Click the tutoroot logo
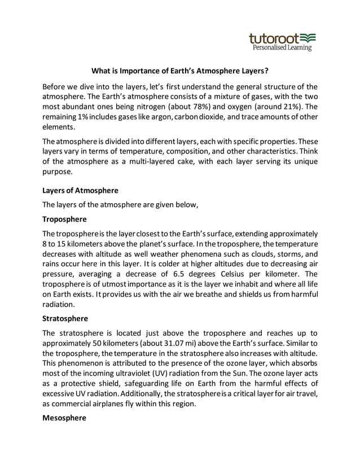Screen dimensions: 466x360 click(282, 38)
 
